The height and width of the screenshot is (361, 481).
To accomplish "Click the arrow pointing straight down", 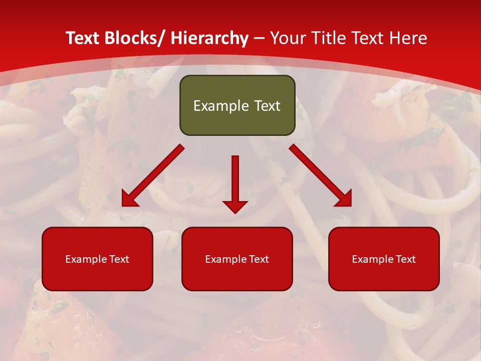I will (x=235, y=183).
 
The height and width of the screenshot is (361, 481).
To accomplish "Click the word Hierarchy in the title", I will (x=209, y=38).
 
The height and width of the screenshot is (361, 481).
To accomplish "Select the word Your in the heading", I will (x=288, y=38).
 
